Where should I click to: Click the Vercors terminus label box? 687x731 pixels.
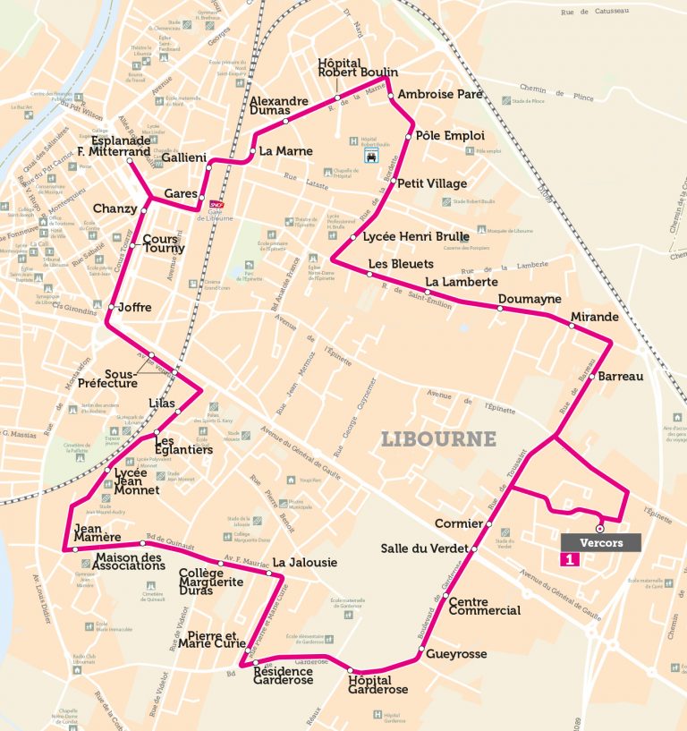pos(601,542)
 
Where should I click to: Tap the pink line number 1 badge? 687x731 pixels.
pos(566,560)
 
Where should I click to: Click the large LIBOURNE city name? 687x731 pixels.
pos(438,439)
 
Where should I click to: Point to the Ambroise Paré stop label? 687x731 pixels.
pos(440,94)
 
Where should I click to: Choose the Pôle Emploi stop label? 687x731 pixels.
pos(450,136)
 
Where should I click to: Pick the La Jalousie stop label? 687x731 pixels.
pos(305,563)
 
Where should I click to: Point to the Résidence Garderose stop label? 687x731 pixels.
pos(284,676)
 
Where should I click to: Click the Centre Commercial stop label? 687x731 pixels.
pos(484,607)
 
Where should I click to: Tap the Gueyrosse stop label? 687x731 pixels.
pos(456,654)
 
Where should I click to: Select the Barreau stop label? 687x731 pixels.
pos(621,377)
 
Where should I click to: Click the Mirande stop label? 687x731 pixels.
pos(594,318)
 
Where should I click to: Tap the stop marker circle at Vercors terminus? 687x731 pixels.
pos(599,529)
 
